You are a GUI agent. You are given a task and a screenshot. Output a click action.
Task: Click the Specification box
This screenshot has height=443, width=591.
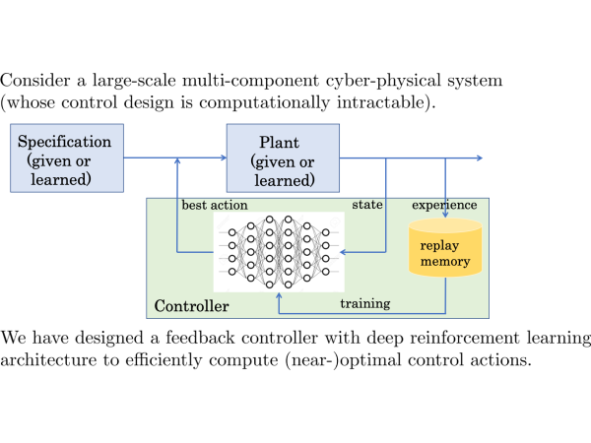point(65,158)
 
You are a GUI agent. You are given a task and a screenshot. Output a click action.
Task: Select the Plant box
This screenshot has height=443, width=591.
point(285,158)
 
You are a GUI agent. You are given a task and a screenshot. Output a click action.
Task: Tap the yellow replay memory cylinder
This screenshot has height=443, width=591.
point(445,250)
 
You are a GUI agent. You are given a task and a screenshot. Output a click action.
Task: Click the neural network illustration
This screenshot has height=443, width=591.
point(279,251)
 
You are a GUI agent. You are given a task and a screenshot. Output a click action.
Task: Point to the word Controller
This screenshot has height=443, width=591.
point(191,307)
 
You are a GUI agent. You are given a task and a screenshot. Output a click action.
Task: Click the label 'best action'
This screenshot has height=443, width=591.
point(215,205)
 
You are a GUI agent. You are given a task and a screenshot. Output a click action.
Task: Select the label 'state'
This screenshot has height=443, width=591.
point(367,205)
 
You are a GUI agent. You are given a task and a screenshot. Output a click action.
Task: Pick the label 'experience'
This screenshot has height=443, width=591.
point(444,205)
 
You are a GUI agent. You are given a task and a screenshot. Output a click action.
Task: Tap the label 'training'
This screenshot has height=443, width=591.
point(364,303)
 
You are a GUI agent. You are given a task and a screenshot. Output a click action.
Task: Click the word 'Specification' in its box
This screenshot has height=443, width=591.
point(65,142)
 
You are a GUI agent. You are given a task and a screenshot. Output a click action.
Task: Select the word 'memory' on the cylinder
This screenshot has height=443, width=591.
point(445,262)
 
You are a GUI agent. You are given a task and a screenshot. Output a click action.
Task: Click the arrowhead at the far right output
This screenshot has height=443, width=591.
point(480,158)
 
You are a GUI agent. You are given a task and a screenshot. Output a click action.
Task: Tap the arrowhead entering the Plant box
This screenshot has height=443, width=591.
point(222,158)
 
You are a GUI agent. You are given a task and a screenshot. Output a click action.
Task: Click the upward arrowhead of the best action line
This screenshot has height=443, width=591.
point(177,162)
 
